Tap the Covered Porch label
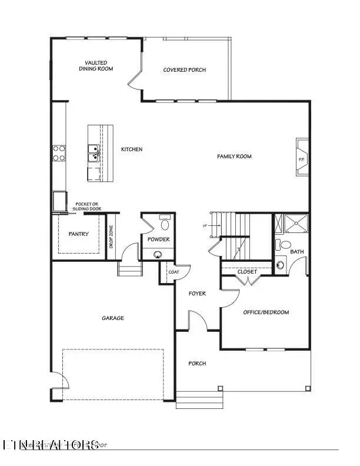pyautogui.click(x=185, y=69)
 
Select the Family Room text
pyautogui.click(x=234, y=156)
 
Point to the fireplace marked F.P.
pyautogui.click(x=301, y=158)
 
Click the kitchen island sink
pyautogui.click(x=93, y=153)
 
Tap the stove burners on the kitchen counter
pyautogui.click(x=59, y=153)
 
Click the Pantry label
pyautogui.click(x=78, y=234)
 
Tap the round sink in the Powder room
pyautogui.click(x=158, y=254)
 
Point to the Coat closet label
pyautogui.click(x=174, y=272)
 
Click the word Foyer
pyautogui.click(x=197, y=293)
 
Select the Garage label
pyautogui.click(x=114, y=318)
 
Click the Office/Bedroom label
pyautogui.click(x=266, y=312)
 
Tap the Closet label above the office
pyautogui.click(x=246, y=271)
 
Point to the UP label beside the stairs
pyautogui.click(x=204, y=226)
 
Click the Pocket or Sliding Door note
pyautogui.click(x=86, y=207)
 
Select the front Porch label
pyautogui.click(x=197, y=363)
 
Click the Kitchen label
pyautogui.click(x=132, y=149)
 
